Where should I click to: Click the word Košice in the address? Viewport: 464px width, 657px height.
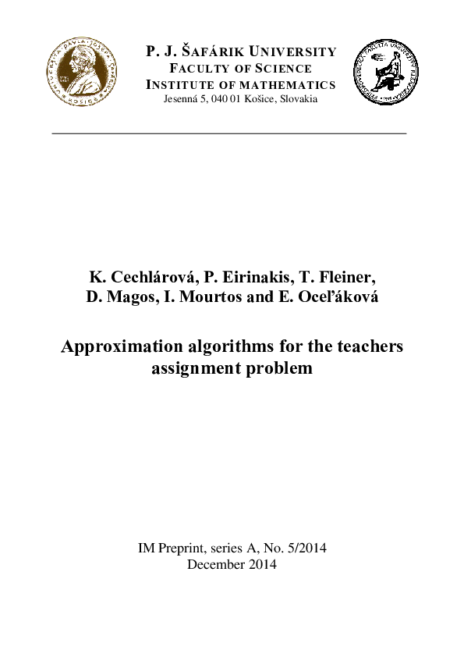coord(265,100)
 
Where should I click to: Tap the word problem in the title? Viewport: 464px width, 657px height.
coord(279,368)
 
